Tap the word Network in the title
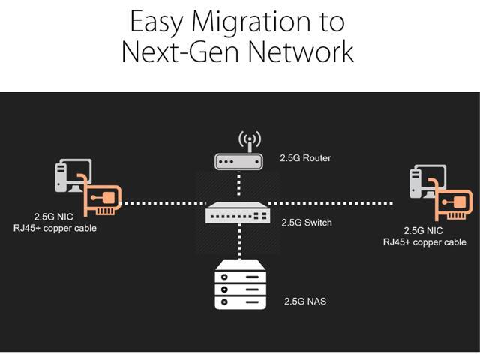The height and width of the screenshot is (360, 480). pyautogui.click(x=301, y=52)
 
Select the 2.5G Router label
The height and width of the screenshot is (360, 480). pyautogui.click(x=305, y=158)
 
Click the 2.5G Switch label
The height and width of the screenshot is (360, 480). pyautogui.click(x=307, y=223)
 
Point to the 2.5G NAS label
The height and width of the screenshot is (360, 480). pyautogui.click(x=305, y=301)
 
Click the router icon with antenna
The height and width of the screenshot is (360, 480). pyautogui.click(x=238, y=151)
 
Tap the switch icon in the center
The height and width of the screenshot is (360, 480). pyautogui.click(x=238, y=213)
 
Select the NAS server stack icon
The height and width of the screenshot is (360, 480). pyautogui.click(x=240, y=284)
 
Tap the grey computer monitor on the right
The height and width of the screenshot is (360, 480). pyautogui.click(x=428, y=181)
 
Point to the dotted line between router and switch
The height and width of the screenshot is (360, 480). pyautogui.click(x=238, y=184)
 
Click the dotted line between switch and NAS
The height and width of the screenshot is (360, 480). pyautogui.click(x=240, y=241)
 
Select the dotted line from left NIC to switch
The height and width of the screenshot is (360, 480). pyautogui.click(x=164, y=203)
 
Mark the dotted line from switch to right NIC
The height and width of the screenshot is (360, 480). pyautogui.click(x=331, y=203)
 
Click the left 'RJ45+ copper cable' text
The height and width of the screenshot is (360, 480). pyautogui.click(x=55, y=228)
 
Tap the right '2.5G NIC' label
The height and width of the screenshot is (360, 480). pyautogui.click(x=423, y=230)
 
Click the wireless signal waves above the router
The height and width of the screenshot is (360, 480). pyautogui.click(x=250, y=138)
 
